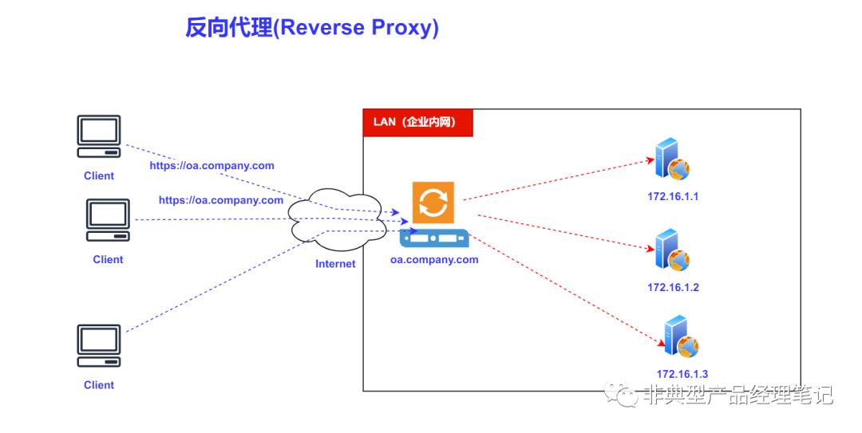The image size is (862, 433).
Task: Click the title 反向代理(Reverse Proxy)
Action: pyautogui.click(x=312, y=28)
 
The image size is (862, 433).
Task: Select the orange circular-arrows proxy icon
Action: pyautogui.click(x=433, y=202)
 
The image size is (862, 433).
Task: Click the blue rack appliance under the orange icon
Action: pyautogui.click(x=434, y=238)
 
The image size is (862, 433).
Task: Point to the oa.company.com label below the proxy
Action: pyautogui.click(x=434, y=259)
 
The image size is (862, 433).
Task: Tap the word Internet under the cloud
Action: pyautogui.click(x=335, y=264)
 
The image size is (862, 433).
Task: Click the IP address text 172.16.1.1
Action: pyautogui.click(x=673, y=196)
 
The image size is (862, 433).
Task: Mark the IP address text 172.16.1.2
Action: pyautogui.click(x=673, y=287)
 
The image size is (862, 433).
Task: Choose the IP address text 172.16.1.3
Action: pyautogui.click(x=682, y=374)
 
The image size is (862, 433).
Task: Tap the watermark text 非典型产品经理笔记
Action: pyautogui.click(x=737, y=396)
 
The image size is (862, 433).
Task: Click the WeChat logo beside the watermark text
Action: pyautogui.click(x=623, y=394)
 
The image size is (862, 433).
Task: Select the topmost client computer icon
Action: pyautogui.click(x=99, y=136)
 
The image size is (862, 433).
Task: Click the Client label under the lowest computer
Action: pyautogui.click(x=99, y=385)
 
